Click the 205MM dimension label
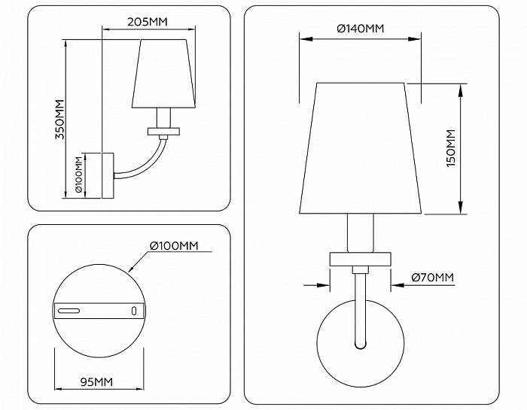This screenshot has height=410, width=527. pos(148,22)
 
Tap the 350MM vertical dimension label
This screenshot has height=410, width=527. pos(59,119)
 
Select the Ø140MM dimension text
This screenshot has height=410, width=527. pos(361,29)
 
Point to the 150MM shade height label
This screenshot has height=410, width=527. pos(451,148)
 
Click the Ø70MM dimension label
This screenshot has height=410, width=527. pos(433,278)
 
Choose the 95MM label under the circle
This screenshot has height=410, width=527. pos(96,382)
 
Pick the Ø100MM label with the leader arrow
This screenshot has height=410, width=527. pos(174,246)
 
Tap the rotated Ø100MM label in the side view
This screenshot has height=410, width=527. pos(79,175)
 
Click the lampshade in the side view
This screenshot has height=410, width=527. pos(163,74)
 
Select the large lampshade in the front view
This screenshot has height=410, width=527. pos(361,148)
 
